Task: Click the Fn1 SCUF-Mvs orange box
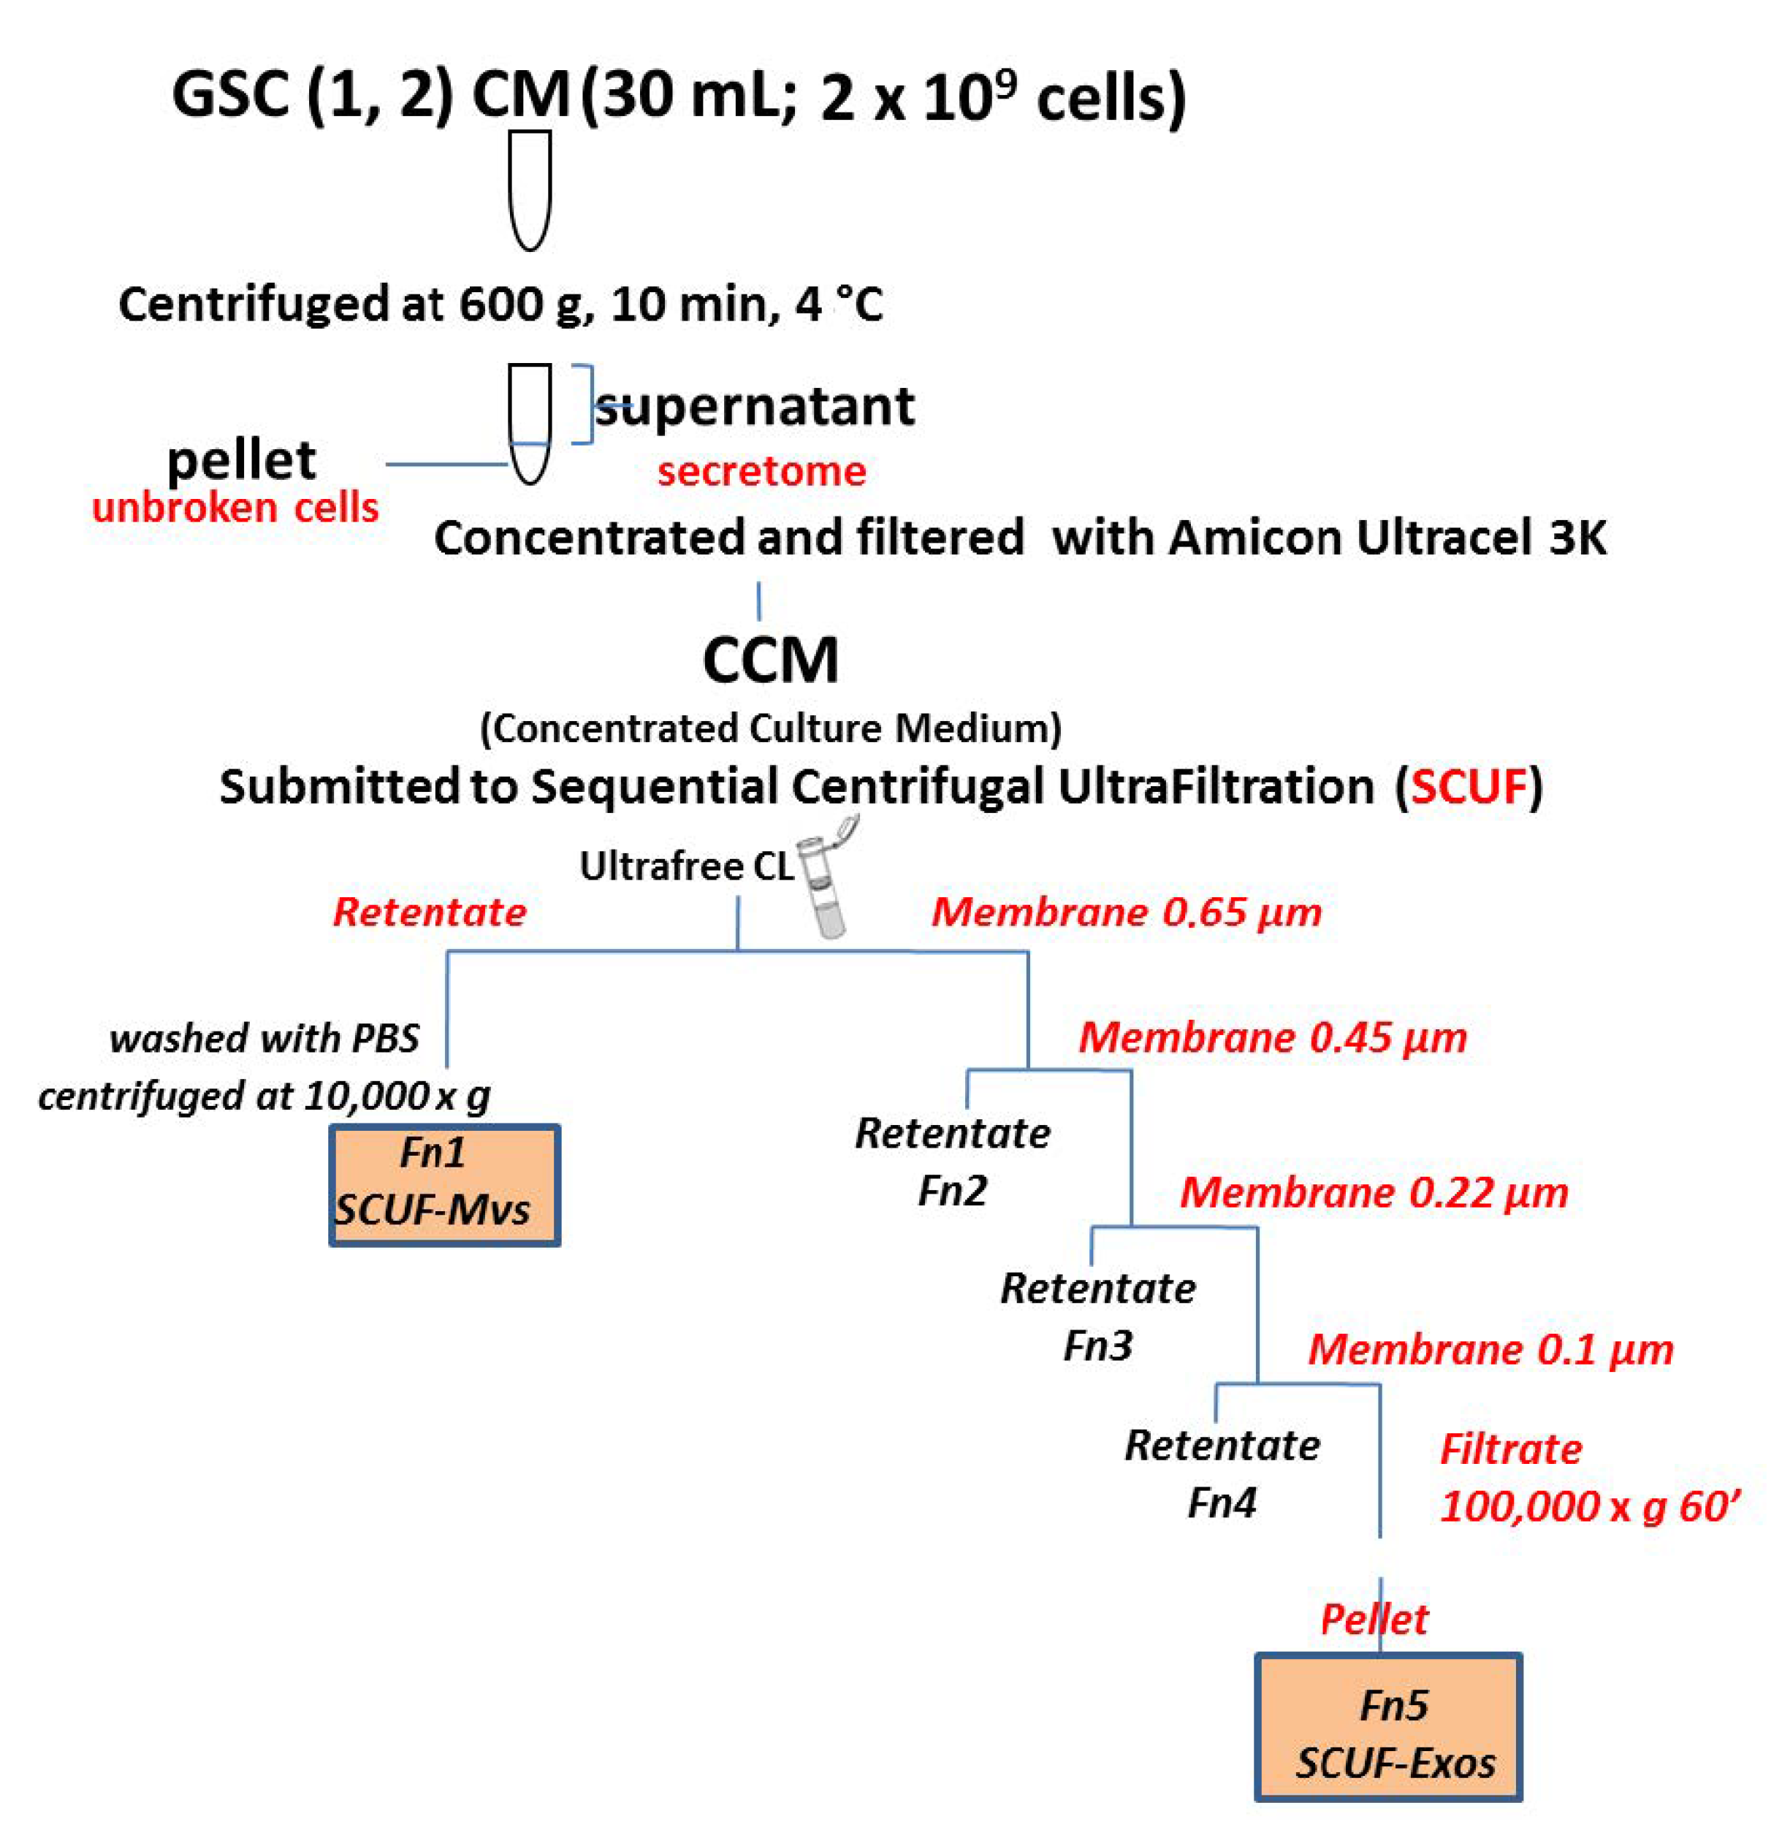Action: click(444, 1184)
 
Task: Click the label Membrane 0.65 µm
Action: click(1127, 912)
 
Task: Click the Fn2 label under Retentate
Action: click(951, 1191)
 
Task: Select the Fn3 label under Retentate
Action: click(1097, 1345)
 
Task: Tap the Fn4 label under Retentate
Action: click(1221, 1501)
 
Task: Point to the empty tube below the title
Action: click(529, 188)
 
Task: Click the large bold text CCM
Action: click(770, 660)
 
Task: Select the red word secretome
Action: click(761, 471)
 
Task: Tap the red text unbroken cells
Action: click(235, 508)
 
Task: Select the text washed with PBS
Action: click(264, 1038)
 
